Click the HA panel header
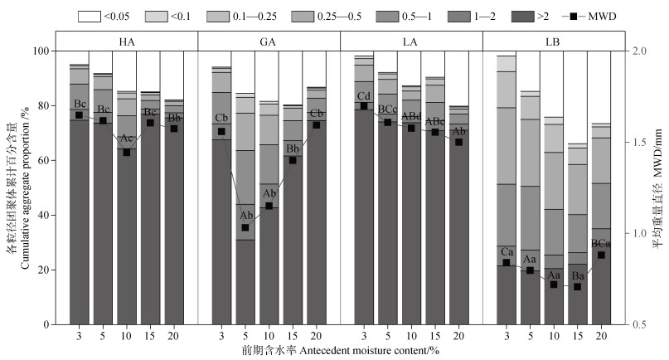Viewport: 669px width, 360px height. [127, 41]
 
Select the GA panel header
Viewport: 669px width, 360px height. [269, 41]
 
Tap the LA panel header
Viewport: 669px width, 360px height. [410, 41]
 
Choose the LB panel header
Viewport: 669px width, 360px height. [552, 41]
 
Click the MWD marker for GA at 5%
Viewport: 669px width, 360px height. [245, 227]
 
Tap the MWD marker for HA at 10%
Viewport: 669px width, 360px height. [127, 152]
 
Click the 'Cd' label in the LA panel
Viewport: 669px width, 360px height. [363, 95]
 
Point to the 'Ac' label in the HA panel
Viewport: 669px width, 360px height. [127, 139]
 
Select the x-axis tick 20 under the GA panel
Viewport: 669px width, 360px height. [316, 334]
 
